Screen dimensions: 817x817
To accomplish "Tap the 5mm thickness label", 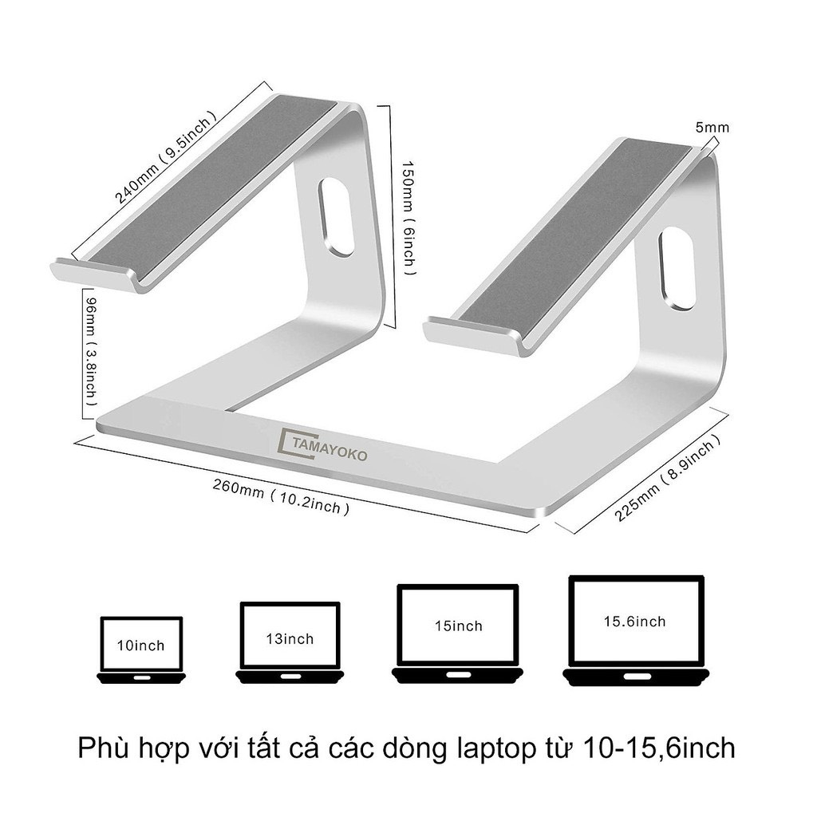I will [712, 128].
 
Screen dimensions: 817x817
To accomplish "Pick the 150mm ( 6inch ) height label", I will [406, 215].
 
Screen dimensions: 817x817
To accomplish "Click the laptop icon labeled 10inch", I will [141, 649].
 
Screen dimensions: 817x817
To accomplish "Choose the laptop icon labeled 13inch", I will [290, 641].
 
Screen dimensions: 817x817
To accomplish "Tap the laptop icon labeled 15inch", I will [458, 633].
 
